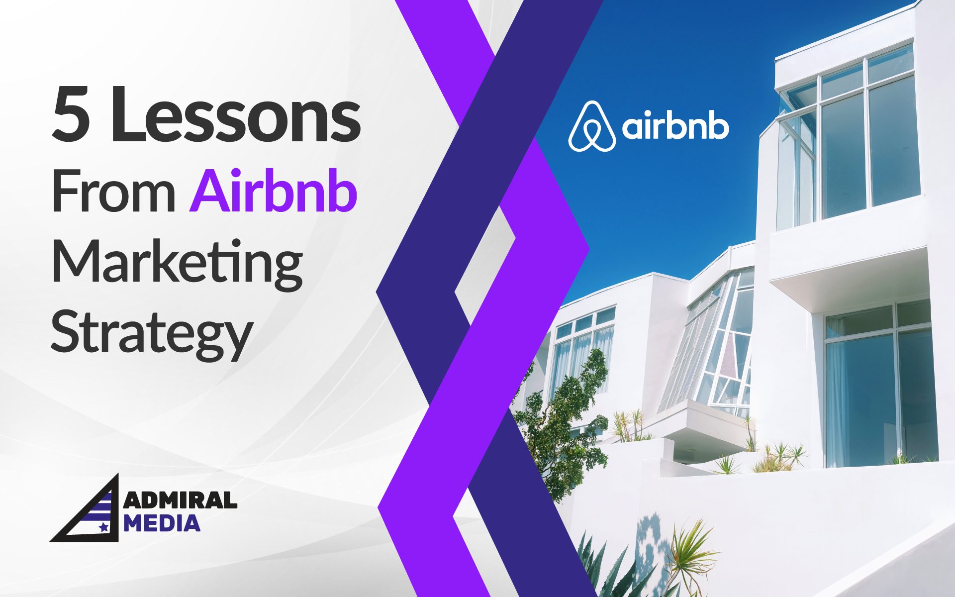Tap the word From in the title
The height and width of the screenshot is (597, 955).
(113, 192)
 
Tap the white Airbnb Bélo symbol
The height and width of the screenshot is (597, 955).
(591, 126)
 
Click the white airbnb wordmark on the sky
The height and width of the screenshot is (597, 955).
(675, 127)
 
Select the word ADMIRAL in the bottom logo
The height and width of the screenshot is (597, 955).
(180, 500)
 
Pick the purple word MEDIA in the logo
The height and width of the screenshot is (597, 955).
(162, 523)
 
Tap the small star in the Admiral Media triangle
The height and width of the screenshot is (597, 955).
(103, 527)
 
